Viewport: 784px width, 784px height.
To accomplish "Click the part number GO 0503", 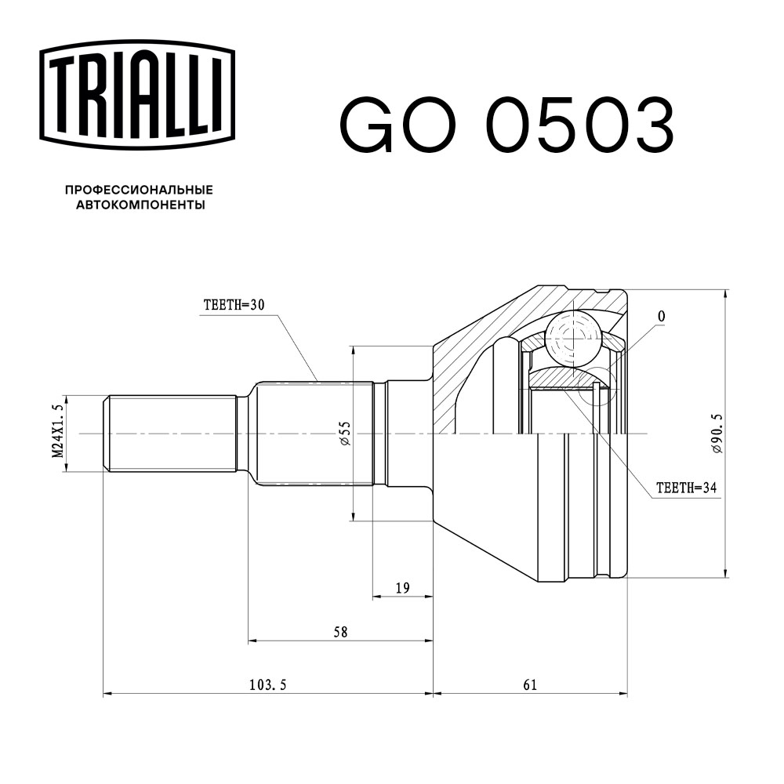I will [506, 125].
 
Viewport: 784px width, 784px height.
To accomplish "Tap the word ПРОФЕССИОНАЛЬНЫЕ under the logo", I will [139, 190].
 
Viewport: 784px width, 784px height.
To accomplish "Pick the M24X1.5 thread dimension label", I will [56, 433].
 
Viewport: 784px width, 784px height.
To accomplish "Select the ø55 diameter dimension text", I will [343, 434].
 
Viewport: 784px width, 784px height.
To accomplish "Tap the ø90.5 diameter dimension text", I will [715, 434].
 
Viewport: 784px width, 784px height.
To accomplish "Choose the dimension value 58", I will [339, 632].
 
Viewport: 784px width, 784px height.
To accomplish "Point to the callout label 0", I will [661, 317].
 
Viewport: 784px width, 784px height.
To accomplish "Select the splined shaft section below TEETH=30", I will [314, 433].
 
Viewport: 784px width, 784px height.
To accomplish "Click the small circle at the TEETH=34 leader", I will [600, 387].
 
